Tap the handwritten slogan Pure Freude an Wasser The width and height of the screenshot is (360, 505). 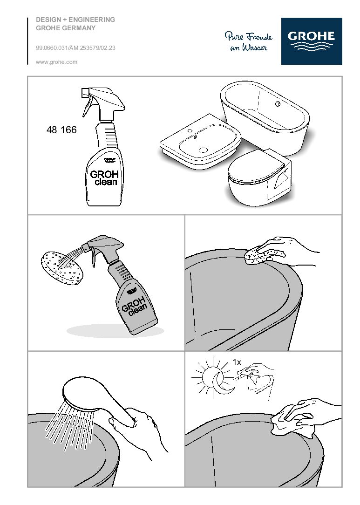point(249,41)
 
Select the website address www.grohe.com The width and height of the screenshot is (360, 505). point(57,62)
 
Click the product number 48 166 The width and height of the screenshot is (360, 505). point(61,130)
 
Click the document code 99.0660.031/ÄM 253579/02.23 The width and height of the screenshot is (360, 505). point(75,48)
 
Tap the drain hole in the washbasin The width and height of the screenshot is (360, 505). point(204,150)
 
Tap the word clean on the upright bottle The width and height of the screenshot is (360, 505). point(106,182)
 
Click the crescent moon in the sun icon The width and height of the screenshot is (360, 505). point(221,382)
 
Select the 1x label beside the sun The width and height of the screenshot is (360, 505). point(237,362)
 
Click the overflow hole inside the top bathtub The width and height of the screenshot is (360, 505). point(278,104)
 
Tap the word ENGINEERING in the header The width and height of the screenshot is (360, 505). point(92,20)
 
